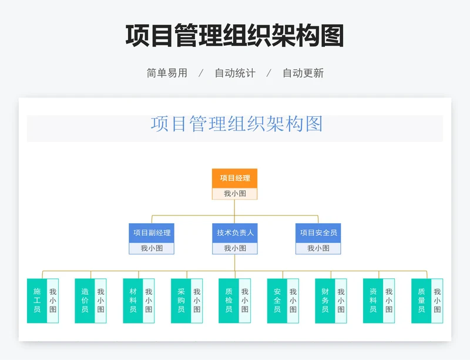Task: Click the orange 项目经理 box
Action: (x=234, y=178)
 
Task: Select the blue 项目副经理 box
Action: (x=152, y=233)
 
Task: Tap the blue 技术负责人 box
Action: (x=234, y=233)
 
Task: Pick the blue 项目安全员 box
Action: (x=318, y=233)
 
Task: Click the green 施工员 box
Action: (x=37, y=301)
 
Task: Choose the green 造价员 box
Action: (x=85, y=301)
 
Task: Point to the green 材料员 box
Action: (x=133, y=301)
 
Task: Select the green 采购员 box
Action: (x=181, y=301)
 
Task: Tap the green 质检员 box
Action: (x=229, y=301)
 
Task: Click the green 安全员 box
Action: (x=277, y=301)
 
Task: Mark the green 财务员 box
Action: (x=325, y=301)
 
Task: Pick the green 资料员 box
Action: (x=373, y=301)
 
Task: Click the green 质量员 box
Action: (x=421, y=301)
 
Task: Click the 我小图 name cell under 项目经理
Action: (x=234, y=194)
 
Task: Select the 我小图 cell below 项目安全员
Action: (x=318, y=248)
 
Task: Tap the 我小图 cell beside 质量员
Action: (x=437, y=301)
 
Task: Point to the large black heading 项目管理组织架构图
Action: (x=234, y=36)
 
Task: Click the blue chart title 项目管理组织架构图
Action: (x=237, y=124)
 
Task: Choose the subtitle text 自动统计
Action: (x=234, y=73)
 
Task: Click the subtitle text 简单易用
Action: (x=167, y=73)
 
